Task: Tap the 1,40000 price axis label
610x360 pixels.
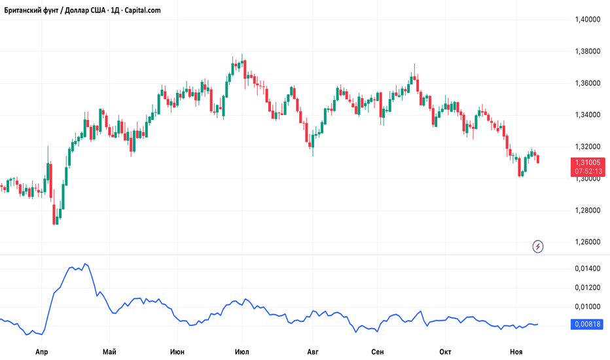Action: pyautogui.click(x=587, y=20)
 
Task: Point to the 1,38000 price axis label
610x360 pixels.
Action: pyautogui.click(x=587, y=51)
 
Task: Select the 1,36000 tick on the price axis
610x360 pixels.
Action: pyautogui.click(x=587, y=83)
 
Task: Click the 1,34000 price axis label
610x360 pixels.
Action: pyautogui.click(x=587, y=115)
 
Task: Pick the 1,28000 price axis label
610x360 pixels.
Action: pyautogui.click(x=587, y=210)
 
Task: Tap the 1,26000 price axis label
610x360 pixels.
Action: pyautogui.click(x=587, y=242)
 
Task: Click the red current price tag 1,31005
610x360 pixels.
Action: pyautogui.click(x=588, y=162)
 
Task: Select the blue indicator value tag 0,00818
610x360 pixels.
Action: pyautogui.click(x=587, y=324)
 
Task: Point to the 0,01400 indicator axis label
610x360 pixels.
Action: pyautogui.click(x=587, y=269)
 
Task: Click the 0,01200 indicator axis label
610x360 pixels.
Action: pyautogui.click(x=587, y=288)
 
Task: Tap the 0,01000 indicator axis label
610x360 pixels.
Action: pyautogui.click(x=587, y=306)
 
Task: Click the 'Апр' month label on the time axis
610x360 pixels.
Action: pyautogui.click(x=43, y=351)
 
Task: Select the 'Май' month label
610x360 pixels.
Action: pyautogui.click(x=109, y=351)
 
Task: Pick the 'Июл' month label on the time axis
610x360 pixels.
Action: pyautogui.click(x=242, y=351)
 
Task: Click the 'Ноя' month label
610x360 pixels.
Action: pyautogui.click(x=516, y=351)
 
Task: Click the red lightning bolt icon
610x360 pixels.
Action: pyautogui.click(x=538, y=246)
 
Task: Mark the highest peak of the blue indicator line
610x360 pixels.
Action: pyautogui.click(x=85, y=264)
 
